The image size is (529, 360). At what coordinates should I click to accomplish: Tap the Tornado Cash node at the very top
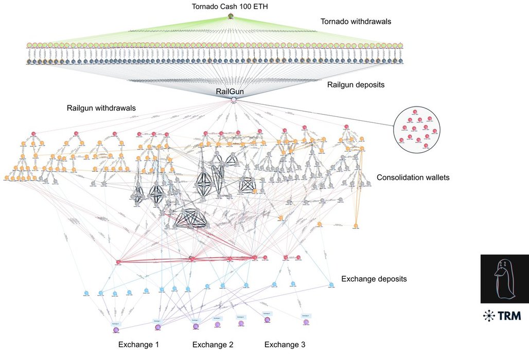(x=231, y=16)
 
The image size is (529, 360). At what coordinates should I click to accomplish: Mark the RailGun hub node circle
(x=233, y=99)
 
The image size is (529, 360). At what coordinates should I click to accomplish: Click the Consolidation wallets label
(x=413, y=177)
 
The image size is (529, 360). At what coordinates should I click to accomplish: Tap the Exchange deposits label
(x=374, y=279)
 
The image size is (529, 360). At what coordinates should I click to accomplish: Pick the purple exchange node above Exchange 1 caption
(x=116, y=330)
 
